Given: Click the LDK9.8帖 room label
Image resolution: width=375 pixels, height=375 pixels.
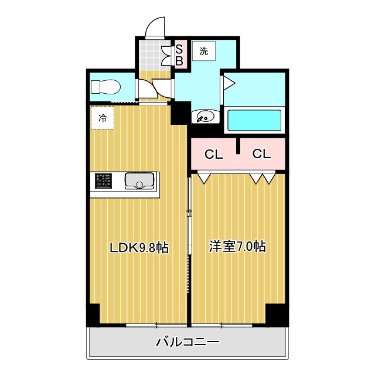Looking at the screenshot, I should (140, 247).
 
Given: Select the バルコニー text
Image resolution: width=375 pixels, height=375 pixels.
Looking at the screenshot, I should (187, 342).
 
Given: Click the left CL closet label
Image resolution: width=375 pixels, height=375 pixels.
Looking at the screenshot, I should (213, 154).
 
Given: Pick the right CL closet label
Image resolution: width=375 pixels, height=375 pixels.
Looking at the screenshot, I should (261, 154).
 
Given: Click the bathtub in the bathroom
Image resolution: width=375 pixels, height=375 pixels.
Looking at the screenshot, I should (254, 120).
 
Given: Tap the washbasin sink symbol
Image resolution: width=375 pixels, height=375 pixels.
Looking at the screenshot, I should (206, 116).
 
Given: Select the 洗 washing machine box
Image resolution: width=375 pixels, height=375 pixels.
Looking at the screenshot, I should (203, 51).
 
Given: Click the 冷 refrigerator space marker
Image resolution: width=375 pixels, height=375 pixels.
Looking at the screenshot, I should (103, 118).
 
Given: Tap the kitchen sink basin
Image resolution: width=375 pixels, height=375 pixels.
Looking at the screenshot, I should (139, 182).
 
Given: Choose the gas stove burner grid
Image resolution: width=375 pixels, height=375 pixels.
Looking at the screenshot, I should (104, 182).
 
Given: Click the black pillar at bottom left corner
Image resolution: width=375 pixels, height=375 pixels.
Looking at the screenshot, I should (93, 315).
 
